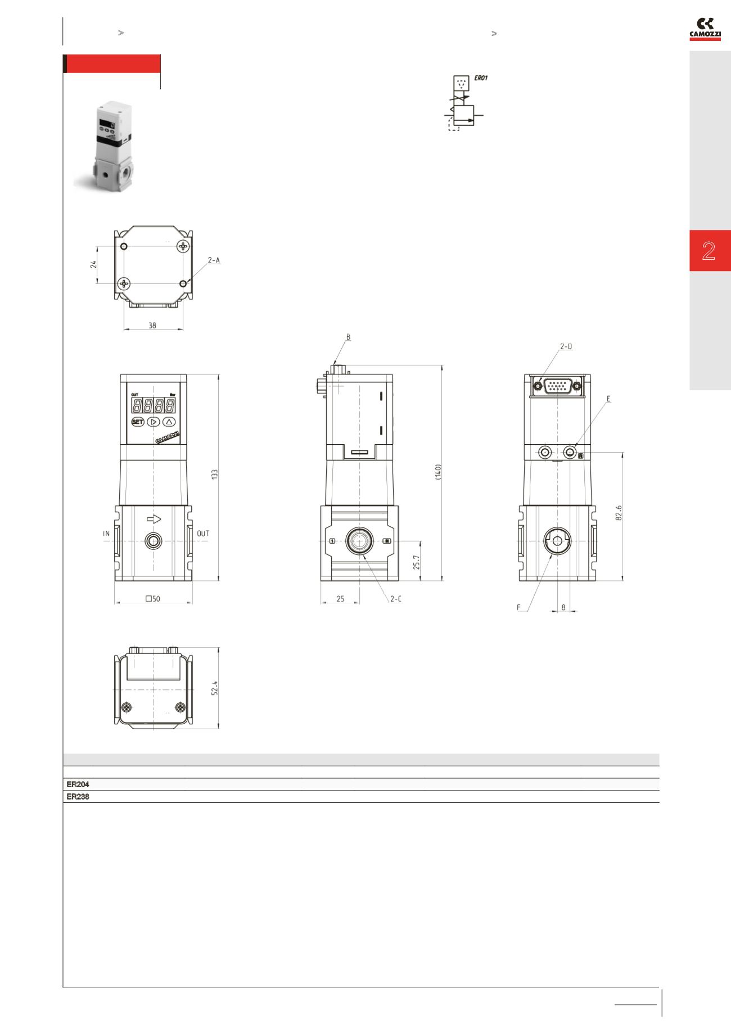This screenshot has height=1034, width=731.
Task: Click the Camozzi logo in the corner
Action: (705, 30)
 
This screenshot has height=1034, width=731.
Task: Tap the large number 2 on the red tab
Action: (709, 251)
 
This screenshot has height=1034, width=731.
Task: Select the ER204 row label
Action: (78, 784)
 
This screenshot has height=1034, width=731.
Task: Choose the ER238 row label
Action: (78, 797)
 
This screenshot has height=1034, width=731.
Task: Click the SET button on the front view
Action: (138, 422)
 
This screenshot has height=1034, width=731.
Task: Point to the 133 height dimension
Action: (214, 474)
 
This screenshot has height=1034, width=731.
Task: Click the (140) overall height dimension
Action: (439, 471)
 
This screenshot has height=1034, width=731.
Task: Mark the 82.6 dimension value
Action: (619, 512)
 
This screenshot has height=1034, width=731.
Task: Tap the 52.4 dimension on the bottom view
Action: (214, 689)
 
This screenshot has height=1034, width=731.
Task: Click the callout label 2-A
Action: (214, 260)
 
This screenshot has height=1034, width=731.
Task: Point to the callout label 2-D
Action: (566, 346)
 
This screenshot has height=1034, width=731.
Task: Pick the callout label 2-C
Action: (396, 599)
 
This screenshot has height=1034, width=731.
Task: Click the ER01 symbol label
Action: (481, 78)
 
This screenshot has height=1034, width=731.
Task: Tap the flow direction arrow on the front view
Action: (154, 520)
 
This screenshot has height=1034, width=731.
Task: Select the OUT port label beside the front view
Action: (203, 533)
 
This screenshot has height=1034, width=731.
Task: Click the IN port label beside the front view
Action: (106, 533)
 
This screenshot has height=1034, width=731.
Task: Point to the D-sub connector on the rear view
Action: (557, 386)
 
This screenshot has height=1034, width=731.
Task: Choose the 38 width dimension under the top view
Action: (152, 325)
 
